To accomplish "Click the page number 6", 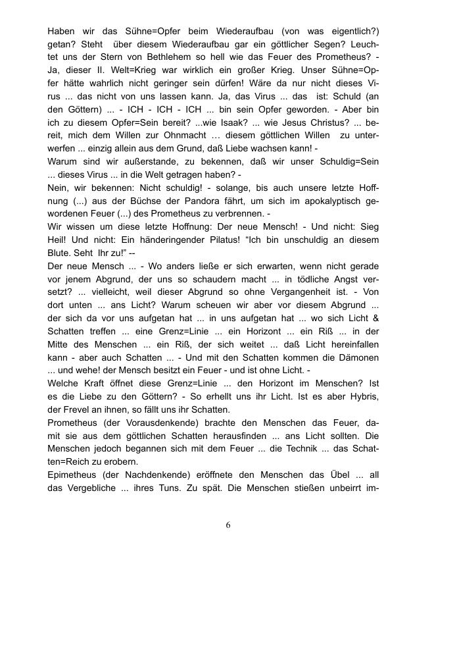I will (228, 525).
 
